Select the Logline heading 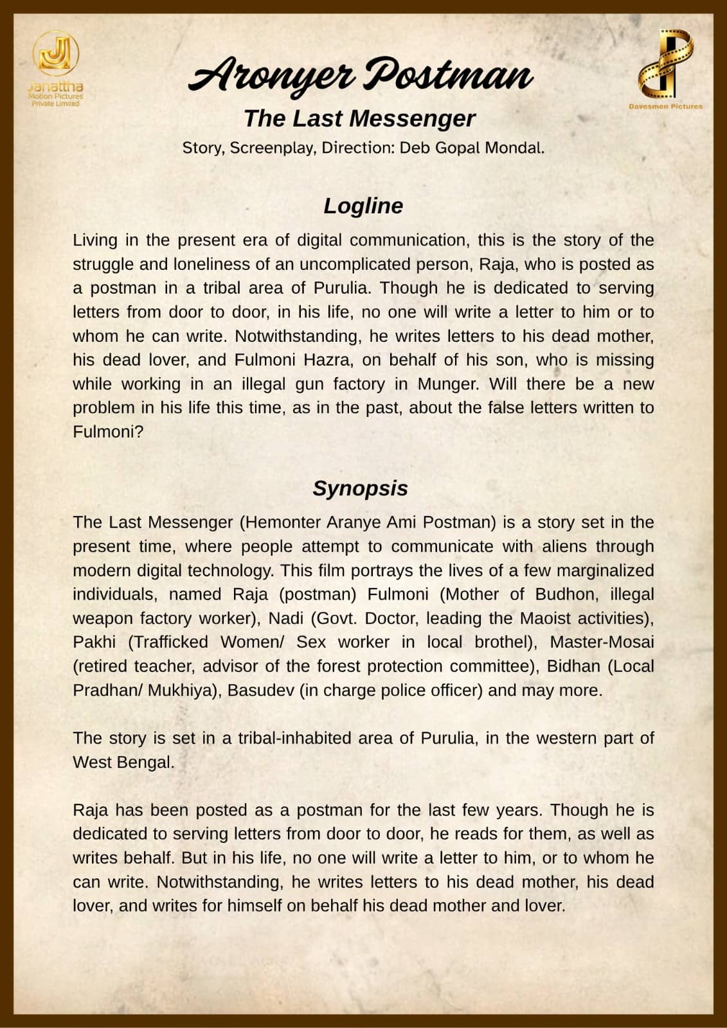(x=363, y=206)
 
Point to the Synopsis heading (x=360, y=488)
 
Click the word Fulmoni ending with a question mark (x=108, y=432)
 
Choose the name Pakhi (x=94, y=642)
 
